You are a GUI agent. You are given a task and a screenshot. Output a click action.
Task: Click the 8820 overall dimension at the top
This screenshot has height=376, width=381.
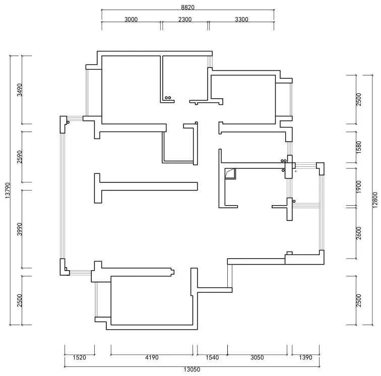click(x=187, y=8)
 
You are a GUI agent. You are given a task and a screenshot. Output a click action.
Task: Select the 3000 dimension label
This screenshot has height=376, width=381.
click(x=131, y=20)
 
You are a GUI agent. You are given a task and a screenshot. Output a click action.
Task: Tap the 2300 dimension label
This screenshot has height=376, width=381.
click(x=185, y=20)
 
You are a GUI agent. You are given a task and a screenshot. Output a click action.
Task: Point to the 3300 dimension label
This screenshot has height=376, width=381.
click(x=241, y=20)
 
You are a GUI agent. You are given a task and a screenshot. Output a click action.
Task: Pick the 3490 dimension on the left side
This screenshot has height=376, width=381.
click(x=19, y=90)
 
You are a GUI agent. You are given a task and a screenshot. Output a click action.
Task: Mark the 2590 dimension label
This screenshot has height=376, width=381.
click(x=19, y=157)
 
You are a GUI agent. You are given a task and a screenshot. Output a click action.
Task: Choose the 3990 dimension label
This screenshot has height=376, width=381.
click(x=19, y=229)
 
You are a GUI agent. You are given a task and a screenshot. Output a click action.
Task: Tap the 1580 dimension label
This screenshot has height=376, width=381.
click(x=359, y=147)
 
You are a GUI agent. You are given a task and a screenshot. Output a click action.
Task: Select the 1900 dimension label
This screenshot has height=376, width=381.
click(x=359, y=186)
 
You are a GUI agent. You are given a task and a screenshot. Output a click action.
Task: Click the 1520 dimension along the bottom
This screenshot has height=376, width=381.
click(x=79, y=358)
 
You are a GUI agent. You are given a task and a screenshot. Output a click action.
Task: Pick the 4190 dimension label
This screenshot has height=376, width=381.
click(x=152, y=358)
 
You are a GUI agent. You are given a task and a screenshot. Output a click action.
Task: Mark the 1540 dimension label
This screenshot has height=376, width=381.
click(x=212, y=358)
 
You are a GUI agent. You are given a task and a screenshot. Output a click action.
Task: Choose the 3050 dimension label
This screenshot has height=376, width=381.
click(x=257, y=358)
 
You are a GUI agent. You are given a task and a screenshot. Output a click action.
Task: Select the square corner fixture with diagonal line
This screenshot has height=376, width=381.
click(x=230, y=173)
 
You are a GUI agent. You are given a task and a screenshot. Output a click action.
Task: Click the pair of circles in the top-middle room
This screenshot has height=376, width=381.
click(x=168, y=98)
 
